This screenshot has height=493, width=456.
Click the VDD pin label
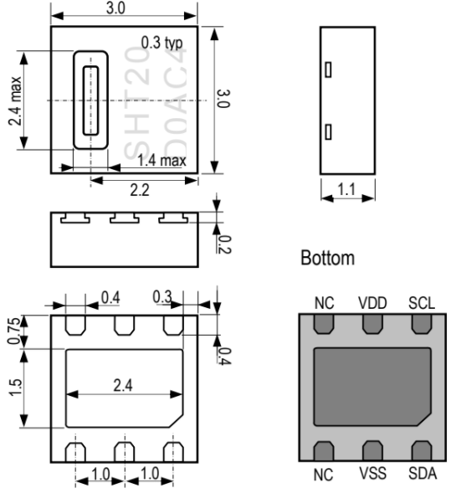pos(372,303)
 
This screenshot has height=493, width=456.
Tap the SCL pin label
pos(422,303)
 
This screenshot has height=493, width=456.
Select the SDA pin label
pos(423,473)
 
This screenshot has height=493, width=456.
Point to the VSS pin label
pos(372,473)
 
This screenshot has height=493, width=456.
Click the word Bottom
pos(328,258)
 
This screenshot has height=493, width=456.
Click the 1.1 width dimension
pos(346,189)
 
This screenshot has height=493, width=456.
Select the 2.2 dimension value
pos(140,190)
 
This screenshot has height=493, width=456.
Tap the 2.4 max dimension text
pos(15,100)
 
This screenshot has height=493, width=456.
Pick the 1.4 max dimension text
pos(161,161)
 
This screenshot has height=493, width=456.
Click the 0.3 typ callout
pos(161,43)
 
